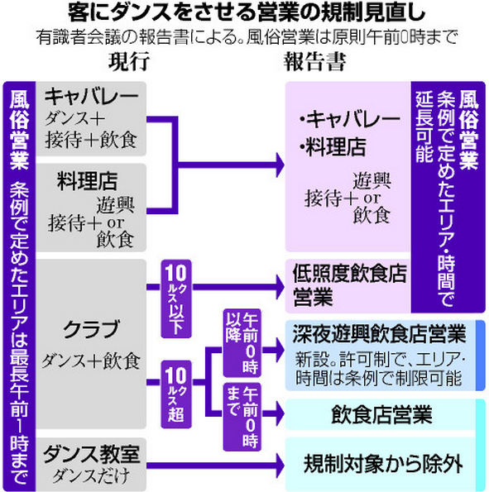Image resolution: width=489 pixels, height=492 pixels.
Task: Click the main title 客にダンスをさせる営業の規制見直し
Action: point(247,13)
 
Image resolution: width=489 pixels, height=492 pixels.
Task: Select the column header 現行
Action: point(129,61)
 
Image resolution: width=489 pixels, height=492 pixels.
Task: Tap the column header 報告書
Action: point(315,61)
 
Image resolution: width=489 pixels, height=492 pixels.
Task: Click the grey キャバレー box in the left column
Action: point(91,118)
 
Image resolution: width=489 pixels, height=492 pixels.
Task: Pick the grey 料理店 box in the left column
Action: point(91,208)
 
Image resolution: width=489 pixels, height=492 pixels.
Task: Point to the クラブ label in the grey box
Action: point(91,329)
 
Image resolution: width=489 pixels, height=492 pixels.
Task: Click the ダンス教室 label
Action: point(91,455)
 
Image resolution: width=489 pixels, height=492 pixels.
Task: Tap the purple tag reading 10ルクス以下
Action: point(176,299)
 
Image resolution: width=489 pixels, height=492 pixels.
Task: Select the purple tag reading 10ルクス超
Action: point(176,394)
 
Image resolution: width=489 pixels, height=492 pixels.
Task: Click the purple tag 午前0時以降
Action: point(242,342)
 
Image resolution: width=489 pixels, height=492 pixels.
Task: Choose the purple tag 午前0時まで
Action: point(242,417)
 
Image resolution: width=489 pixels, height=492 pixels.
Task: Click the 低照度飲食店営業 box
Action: point(348,286)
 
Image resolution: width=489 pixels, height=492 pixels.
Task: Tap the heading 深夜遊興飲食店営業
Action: point(380,335)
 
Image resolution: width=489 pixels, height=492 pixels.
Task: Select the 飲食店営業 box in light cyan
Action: point(381,414)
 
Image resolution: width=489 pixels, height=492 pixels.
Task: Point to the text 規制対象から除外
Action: point(383,464)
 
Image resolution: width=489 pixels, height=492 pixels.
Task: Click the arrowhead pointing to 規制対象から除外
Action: point(280,466)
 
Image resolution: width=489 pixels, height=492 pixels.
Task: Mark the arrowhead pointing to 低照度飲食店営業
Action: point(280,287)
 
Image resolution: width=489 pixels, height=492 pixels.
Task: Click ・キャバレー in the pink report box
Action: point(350,119)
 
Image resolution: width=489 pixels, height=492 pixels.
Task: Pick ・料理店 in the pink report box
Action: point(333,147)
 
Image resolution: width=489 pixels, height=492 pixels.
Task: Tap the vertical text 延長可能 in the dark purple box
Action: point(424,127)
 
